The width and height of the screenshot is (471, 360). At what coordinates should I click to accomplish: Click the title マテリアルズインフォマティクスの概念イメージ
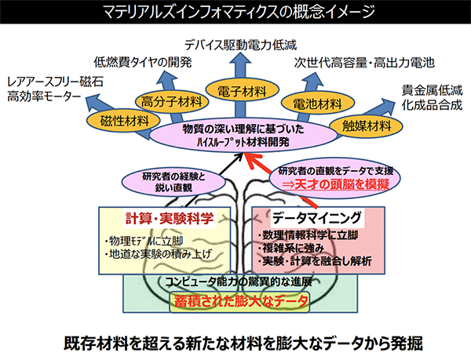click(235, 12)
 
